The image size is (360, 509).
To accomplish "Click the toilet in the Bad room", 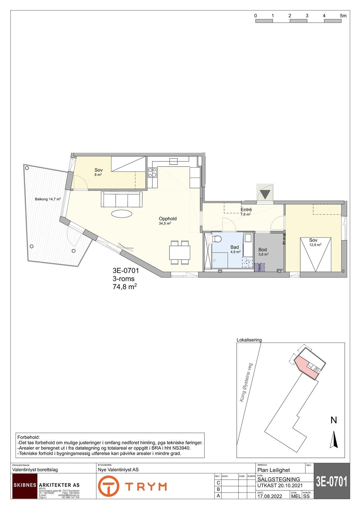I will (x=217, y=239).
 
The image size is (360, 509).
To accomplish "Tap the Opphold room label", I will (x=167, y=219).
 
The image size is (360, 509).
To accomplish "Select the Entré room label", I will (x=246, y=210).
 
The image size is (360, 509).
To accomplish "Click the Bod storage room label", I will (x=262, y=250).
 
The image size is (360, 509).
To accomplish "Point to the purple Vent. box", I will (x=259, y=268).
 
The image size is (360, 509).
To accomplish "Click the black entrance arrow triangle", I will (x=265, y=195).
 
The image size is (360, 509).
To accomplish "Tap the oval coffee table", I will (x=122, y=214).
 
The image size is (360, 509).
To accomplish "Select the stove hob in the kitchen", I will (x=152, y=172).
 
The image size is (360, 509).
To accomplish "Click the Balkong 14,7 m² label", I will (x=48, y=199).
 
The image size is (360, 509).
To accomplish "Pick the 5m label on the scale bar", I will (x=343, y=16).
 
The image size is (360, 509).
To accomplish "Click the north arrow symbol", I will (x=334, y=439).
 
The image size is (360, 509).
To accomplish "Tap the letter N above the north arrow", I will (x=334, y=420).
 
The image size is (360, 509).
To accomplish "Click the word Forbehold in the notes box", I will (x=29, y=437).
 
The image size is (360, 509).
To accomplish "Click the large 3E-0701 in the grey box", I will (x=332, y=482).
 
